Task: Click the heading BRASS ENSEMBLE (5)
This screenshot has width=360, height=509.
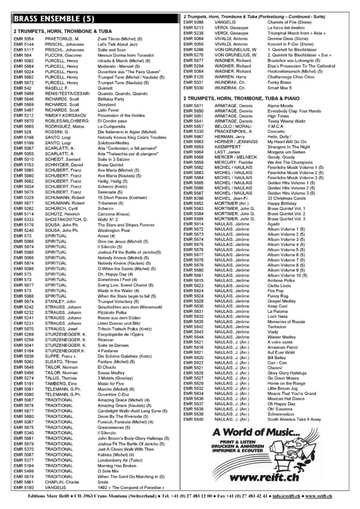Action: pyautogui.click(x=54, y=19)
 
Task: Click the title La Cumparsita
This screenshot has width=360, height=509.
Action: pyautogui.click(x=123, y=127)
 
